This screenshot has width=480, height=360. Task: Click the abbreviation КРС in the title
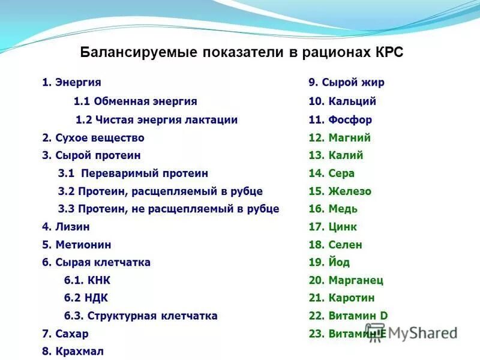point(389,52)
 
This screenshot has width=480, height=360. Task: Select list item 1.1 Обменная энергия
point(135,101)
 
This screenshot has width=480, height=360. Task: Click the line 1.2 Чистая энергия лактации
point(157,119)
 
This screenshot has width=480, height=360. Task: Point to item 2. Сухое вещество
point(93,137)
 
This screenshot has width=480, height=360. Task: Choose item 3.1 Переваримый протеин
point(133,173)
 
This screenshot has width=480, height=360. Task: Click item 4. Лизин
point(66,227)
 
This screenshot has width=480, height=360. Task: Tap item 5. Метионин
point(76,245)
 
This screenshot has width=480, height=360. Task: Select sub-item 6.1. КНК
point(87,280)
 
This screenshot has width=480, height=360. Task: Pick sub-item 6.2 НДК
point(86,298)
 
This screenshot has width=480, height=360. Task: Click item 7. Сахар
point(65,334)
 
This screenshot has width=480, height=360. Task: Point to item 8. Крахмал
point(72,352)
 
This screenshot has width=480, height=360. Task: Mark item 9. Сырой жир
point(346,83)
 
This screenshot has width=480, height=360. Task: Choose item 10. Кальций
point(342,101)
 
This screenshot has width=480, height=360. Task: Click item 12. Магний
point(340,137)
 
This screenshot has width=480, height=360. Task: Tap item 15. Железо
point(340,191)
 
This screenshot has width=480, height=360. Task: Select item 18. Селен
point(335,245)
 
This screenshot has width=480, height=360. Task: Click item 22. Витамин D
point(348,316)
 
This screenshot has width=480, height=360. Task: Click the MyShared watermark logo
point(414,334)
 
